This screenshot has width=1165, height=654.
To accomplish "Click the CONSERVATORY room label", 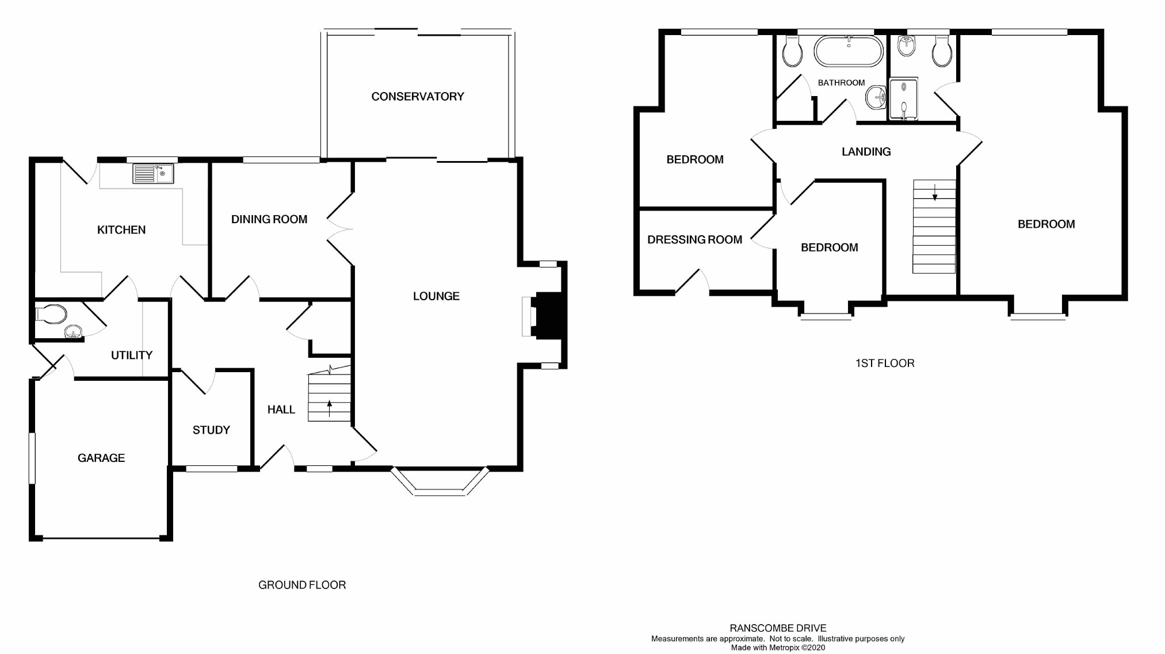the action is [x=418, y=97].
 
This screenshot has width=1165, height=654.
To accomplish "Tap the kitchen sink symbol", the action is [x=153, y=173].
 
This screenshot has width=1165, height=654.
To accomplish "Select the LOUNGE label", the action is [x=436, y=296].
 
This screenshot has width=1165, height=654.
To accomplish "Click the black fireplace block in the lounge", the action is [x=547, y=315].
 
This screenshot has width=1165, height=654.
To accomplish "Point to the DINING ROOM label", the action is [x=269, y=219].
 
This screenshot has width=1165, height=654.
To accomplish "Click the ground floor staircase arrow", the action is [x=330, y=408].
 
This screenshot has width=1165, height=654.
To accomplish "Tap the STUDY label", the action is [x=211, y=430].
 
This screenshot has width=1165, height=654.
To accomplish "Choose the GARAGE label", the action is [x=101, y=458].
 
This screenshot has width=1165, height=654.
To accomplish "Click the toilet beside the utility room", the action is [x=51, y=315].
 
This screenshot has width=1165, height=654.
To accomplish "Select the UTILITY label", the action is [x=132, y=355].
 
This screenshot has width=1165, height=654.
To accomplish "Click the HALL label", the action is [x=281, y=410].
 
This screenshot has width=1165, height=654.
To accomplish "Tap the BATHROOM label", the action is [x=841, y=83].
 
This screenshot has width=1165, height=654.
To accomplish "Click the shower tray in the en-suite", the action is [x=903, y=99].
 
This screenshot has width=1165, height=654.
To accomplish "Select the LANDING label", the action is [x=866, y=152].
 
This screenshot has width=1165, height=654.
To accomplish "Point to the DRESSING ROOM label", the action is [x=694, y=240].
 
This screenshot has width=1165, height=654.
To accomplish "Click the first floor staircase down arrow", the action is [x=935, y=192].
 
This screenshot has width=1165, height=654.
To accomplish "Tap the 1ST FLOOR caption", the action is [x=885, y=363].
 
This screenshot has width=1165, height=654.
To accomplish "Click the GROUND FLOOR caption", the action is [x=302, y=585].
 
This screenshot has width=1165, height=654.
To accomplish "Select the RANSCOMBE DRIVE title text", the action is [x=778, y=628].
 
